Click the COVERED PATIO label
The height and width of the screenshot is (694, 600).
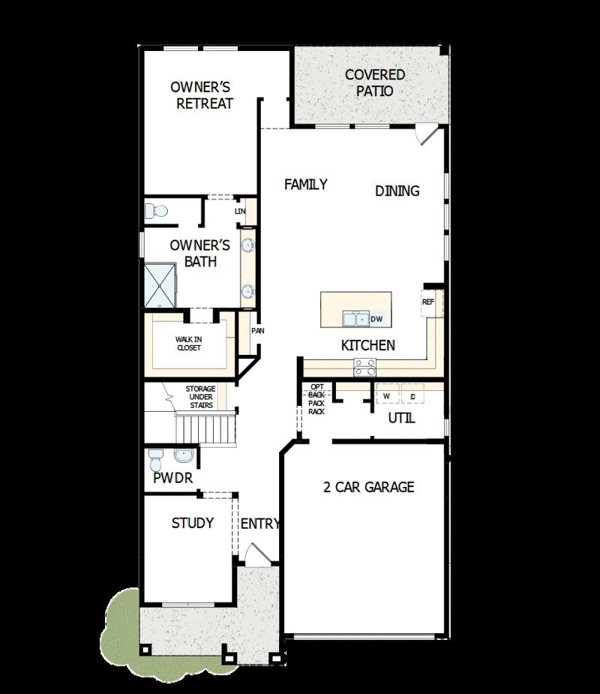coord(374,83)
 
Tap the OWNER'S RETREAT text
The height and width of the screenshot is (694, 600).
coord(204,95)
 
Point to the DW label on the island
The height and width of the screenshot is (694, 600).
coord(376,320)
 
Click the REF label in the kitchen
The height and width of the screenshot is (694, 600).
coord(428,302)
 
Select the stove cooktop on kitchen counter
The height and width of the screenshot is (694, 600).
coord(365,367)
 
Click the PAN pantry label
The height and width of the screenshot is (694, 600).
coord(257,331)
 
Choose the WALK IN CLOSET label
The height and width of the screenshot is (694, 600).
coord(189,343)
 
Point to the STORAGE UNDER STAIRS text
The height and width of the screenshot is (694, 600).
coord(200,397)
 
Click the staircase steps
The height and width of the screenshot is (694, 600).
coord(205,431)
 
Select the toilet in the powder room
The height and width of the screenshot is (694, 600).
coord(156,458)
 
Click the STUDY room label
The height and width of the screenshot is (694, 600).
coord(193,523)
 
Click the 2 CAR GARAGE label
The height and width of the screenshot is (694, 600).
coord(368,487)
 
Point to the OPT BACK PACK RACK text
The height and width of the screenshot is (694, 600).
coord(316,399)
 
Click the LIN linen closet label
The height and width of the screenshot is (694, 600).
coord(240,212)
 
